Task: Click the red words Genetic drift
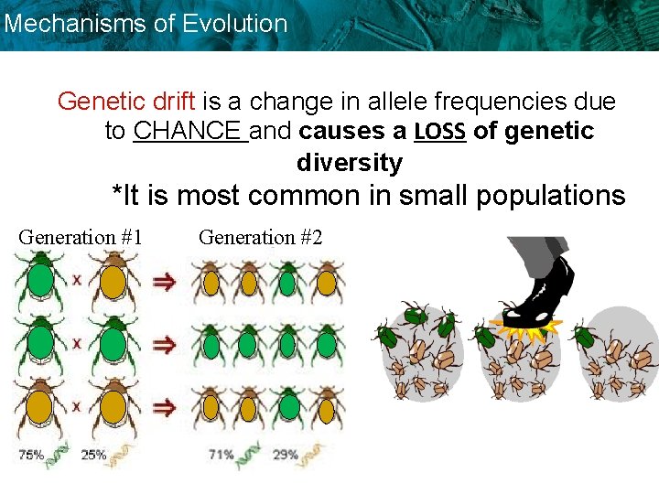tap(126, 101)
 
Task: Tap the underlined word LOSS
tap(440, 132)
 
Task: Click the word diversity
tap(349, 163)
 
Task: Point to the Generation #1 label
tap(80, 237)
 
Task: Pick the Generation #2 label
tap(260, 237)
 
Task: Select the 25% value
tap(93, 454)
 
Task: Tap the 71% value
tap(220, 454)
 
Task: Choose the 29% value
tap(285, 454)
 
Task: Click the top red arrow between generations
tap(165, 283)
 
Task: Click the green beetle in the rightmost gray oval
tap(583, 337)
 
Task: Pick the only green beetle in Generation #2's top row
tap(287, 282)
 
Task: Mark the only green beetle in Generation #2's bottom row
tap(287, 406)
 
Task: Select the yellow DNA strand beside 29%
tap(314, 453)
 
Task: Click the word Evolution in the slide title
tap(235, 24)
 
